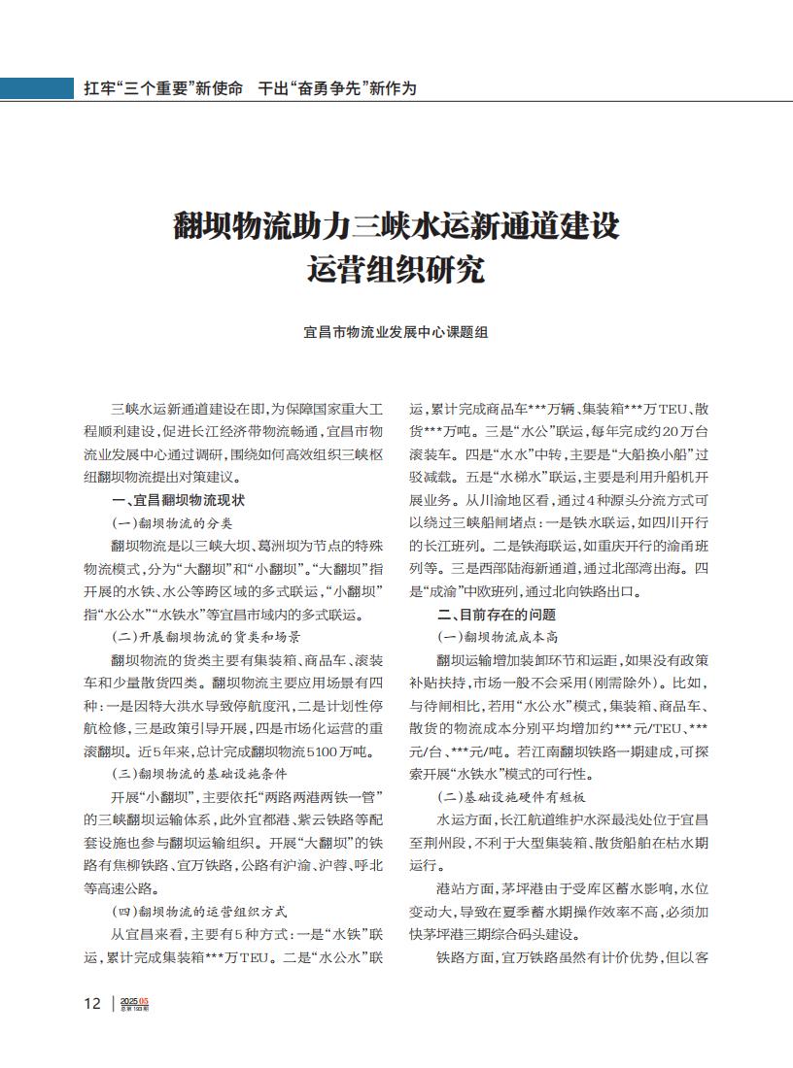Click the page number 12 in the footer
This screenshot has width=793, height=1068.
tap(91, 1003)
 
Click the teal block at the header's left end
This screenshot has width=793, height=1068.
tap(36, 87)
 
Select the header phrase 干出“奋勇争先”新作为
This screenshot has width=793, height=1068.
tap(337, 88)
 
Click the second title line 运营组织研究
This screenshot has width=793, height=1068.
tap(396, 269)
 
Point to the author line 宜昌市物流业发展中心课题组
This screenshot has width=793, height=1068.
tap(396, 332)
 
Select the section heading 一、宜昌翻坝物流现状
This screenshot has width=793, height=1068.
tap(178, 500)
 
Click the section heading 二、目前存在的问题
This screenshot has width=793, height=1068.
tap(497, 615)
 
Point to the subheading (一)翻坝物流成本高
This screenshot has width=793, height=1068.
tap(497, 637)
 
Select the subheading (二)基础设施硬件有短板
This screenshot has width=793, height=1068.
tap(510, 797)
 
